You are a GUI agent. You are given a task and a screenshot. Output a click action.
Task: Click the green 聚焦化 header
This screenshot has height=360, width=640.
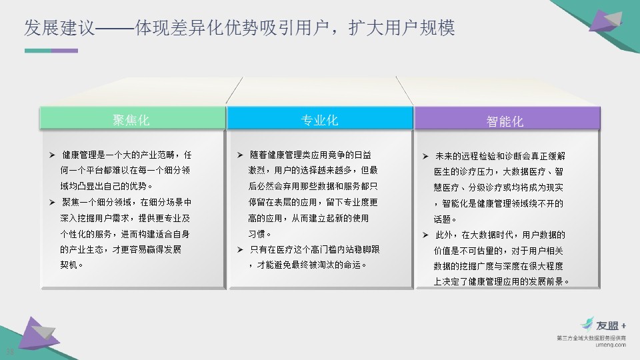click(133, 119)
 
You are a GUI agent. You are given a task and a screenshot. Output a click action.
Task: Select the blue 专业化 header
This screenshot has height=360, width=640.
click(320, 119)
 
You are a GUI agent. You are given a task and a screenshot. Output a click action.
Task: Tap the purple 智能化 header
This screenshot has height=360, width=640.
click(507, 119)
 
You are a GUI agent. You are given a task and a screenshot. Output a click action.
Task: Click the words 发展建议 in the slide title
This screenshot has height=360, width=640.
click(59, 28)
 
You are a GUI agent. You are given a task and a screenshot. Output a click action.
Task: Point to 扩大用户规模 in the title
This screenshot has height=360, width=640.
click(401, 28)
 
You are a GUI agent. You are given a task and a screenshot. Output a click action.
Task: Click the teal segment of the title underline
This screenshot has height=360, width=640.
click(38, 51)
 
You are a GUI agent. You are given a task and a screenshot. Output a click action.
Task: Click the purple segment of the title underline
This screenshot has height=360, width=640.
click(65, 51)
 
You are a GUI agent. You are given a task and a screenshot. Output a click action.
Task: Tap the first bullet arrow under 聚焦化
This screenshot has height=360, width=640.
click(52, 155)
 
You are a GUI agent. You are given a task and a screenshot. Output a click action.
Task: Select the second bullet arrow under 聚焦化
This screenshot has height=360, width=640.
click(52, 203)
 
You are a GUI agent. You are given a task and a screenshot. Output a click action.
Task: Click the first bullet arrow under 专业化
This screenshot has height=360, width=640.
click(240, 155)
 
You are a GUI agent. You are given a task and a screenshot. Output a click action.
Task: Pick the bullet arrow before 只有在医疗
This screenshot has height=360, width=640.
click(240, 249)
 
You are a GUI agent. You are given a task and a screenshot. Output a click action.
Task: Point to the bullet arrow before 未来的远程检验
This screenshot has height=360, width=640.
click(425, 156)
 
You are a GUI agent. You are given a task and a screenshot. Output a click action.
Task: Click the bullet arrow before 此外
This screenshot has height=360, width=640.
click(425, 235)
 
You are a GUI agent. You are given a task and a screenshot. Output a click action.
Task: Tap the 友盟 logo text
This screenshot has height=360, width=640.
click(607, 325)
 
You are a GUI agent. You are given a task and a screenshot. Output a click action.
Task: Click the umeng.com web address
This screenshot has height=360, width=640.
click(611, 345)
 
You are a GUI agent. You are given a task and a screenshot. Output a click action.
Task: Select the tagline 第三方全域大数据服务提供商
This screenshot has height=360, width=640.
click(591, 338)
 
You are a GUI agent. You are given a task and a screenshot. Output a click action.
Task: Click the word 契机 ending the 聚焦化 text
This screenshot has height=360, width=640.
click(69, 265)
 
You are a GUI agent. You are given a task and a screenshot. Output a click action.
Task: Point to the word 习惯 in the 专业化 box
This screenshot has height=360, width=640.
click(257, 234)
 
